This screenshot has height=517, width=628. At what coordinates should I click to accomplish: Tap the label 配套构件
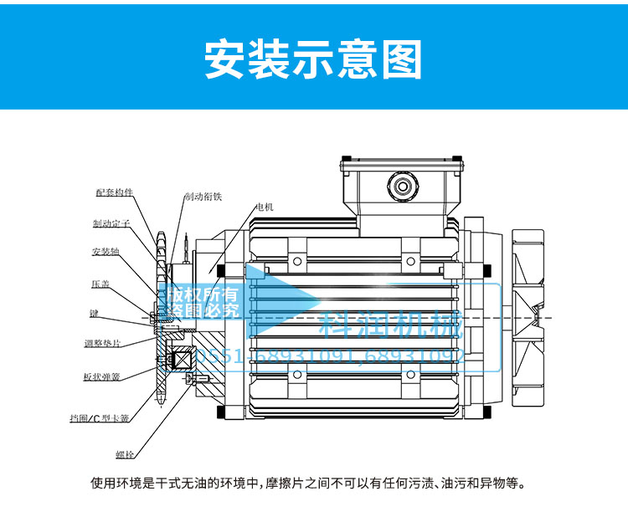click(115, 192)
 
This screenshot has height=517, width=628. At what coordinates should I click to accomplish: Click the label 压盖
click(100, 284)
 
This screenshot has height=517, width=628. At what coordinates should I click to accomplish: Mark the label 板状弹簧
click(102, 376)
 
